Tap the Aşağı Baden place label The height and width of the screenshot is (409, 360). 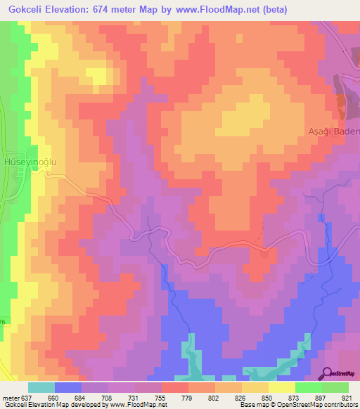tap(334, 131)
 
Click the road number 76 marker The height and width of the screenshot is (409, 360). tap(3, 323)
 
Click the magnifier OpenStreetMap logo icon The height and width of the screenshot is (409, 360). tap(328, 374)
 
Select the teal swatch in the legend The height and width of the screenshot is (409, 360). tap(41, 387)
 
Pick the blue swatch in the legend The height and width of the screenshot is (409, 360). tap(68, 387)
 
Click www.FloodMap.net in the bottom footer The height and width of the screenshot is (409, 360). tap(136, 405)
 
